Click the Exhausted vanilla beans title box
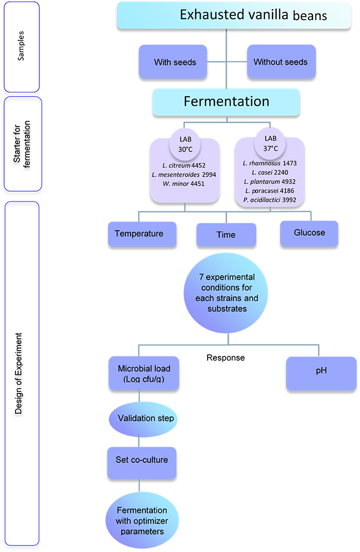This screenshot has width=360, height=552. coord(234,15)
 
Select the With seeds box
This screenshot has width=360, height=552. coord(175,62)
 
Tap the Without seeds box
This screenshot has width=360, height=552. coord(281,62)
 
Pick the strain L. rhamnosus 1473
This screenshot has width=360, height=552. coord(270,163)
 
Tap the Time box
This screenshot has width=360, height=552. coord(226,235)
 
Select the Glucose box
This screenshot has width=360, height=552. coord(309,233)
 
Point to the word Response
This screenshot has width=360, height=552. coord(225,358)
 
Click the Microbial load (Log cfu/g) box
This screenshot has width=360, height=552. coord(144,373)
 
